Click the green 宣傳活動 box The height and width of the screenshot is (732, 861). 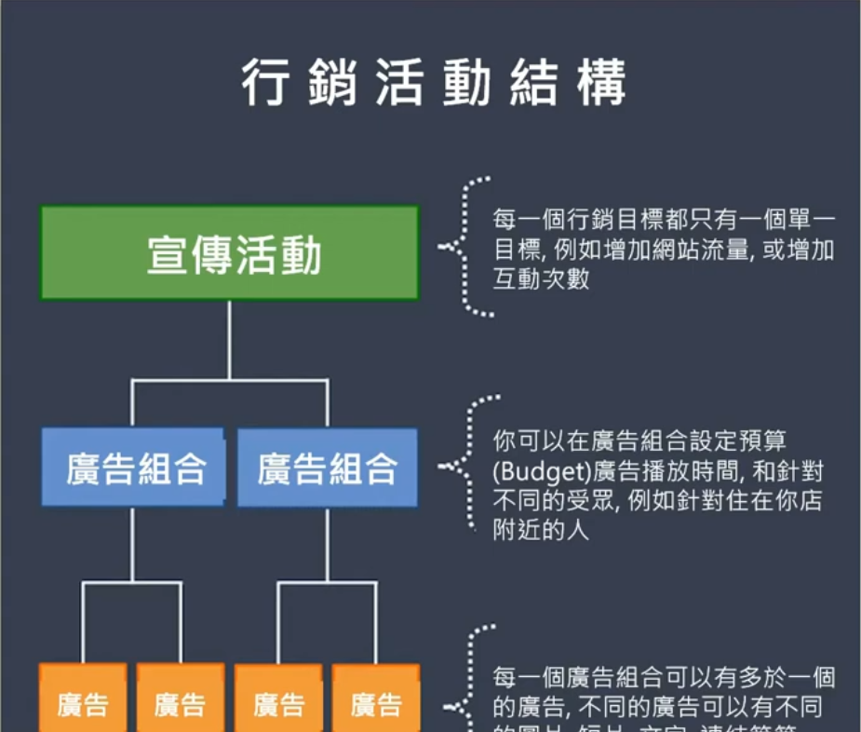(229, 253)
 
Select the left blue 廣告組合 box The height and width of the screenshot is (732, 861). (133, 468)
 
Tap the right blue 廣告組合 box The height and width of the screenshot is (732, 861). (328, 468)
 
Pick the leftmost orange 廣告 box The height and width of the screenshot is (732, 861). (83, 703)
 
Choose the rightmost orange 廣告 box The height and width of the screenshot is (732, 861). (376, 703)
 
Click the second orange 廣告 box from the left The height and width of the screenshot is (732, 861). (181, 703)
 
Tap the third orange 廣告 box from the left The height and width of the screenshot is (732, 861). (278, 703)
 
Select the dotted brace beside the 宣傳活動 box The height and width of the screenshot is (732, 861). (465, 247)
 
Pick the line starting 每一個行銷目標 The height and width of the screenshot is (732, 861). (664, 222)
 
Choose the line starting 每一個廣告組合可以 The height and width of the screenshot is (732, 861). (664, 677)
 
